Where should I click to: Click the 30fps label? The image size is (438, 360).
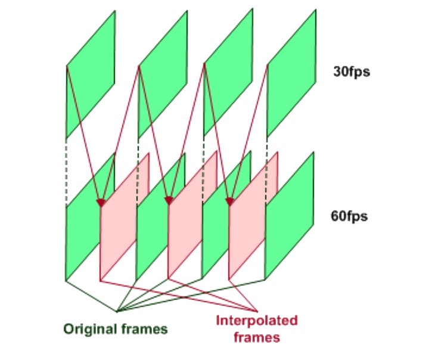point(351,73)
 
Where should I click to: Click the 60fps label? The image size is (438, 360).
point(349,215)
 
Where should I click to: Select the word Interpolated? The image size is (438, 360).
point(257,321)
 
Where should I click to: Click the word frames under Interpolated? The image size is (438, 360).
point(257,337)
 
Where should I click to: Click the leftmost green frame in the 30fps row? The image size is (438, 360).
point(90,75)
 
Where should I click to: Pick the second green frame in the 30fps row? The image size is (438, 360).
point(162,75)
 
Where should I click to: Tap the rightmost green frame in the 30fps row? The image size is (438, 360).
point(290,75)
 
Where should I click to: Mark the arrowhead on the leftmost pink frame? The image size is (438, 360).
point(101,203)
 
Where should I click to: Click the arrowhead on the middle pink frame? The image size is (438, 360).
point(169,201)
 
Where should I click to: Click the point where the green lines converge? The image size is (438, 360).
point(117,311)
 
